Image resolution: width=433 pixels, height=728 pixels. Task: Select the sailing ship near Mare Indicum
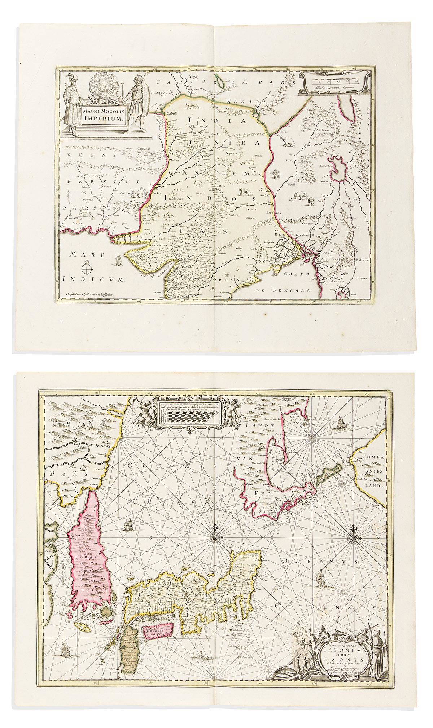(x=119, y=259)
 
